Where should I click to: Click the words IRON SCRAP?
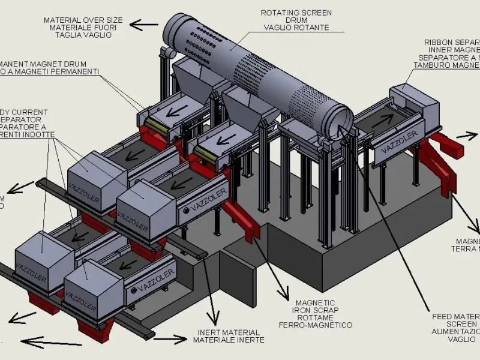(314, 310)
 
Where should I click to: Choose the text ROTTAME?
(315, 317)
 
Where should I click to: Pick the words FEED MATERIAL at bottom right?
(456, 316)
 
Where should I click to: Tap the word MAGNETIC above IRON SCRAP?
(316, 302)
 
